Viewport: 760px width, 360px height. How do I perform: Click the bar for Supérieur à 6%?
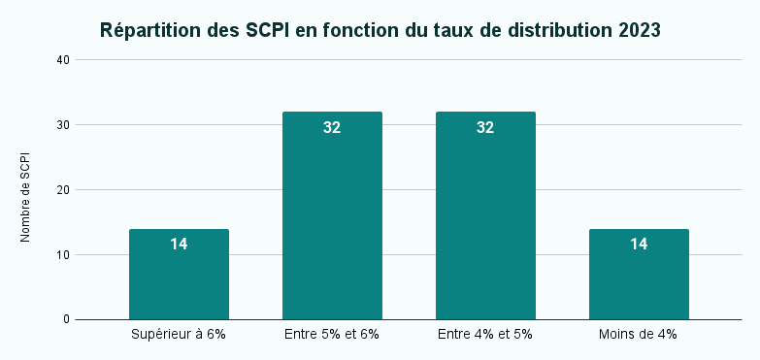[179, 281]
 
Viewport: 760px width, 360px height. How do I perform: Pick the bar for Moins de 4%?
[639, 281]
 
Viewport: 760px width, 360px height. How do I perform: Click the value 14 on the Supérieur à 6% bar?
[179, 245]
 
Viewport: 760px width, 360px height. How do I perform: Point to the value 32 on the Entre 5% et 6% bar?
[332, 127]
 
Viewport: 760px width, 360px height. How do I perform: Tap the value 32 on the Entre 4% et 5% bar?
[485, 127]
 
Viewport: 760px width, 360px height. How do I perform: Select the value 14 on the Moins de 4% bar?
[639, 245]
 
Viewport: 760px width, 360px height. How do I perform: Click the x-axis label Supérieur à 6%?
[179, 334]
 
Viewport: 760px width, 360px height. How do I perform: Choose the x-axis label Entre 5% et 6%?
[332, 334]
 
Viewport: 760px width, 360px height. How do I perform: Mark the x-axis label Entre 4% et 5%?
[485, 334]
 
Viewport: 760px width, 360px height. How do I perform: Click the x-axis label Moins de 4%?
[639, 334]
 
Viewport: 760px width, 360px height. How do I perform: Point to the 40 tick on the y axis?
[63, 60]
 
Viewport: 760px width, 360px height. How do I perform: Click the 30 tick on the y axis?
[63, 125]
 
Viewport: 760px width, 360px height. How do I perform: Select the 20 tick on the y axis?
[63, 190]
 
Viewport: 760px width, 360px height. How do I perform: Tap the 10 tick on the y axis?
[63, 255]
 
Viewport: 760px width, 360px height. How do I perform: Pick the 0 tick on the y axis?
[67, 319]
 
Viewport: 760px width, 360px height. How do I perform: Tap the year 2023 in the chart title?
[638, 30]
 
